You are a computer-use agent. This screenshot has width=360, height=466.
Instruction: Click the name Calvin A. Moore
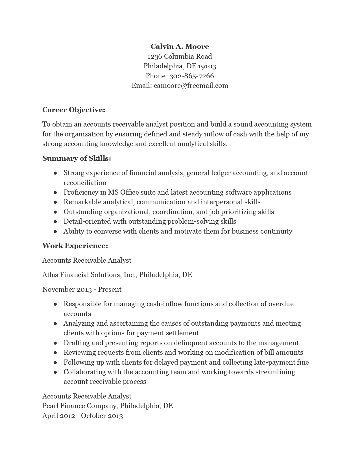180,47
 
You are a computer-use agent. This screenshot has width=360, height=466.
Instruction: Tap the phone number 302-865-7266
191,76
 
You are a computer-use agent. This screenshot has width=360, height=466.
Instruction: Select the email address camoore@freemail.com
191,86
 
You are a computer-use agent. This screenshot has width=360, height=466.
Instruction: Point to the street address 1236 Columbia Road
180,56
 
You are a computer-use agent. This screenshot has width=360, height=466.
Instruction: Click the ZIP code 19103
207,66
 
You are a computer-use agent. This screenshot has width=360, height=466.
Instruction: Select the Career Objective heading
74,110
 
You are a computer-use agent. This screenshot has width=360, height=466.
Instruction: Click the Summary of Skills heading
77,158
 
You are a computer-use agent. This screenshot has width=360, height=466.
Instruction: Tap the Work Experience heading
75,246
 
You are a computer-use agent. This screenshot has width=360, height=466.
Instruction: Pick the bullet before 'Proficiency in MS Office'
55,193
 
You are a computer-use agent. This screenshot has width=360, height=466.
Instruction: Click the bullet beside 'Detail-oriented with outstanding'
55,222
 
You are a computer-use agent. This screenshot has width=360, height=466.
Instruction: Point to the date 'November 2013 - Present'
82,289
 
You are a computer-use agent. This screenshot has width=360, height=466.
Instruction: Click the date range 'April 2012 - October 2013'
82,416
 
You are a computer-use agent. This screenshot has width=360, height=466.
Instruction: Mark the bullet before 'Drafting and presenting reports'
55,343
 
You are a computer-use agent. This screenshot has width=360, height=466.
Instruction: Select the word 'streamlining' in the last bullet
275,372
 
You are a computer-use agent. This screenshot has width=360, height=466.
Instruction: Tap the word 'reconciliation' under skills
85,183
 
